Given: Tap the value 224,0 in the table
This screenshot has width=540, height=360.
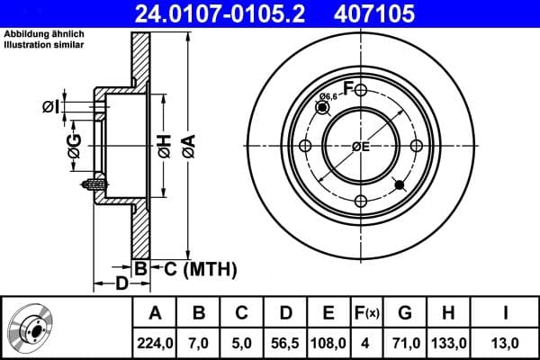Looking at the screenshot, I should pyautogui.click(x=155, y=343).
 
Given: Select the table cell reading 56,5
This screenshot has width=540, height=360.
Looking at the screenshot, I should pyautogui.click(x=285, y=343).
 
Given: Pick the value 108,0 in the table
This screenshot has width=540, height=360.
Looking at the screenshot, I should pyautogui.click(x=328, y=343).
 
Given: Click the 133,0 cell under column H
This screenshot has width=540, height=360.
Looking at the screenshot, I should pyautogui.click(x=448, y=343).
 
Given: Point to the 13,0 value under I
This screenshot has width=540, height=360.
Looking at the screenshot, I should pyautogui.click(x=505, y=343).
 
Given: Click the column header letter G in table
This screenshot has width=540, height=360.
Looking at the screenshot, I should pyautogui.click(x=405, y=313).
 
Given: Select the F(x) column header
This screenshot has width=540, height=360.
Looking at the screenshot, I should pyautogui.click(x=366, y=313).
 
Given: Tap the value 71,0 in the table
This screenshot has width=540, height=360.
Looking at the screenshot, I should pyautogui.click(x=405, y=343).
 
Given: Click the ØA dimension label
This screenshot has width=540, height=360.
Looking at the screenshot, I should pyautogui.click(x=186, y=145).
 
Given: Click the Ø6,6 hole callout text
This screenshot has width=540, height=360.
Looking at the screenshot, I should pyautogui.click(x=328, y=96).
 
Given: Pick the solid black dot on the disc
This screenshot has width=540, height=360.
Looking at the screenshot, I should pyautogui.click(x=400, y=184).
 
